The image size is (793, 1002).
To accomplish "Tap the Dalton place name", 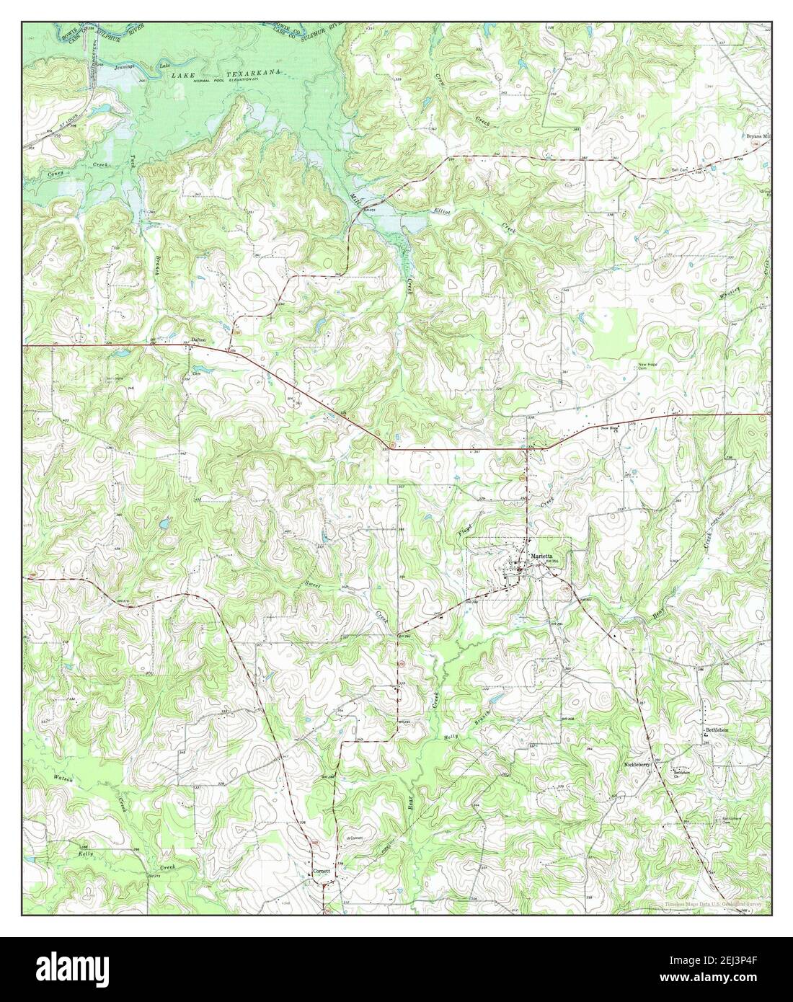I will point(198,340).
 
